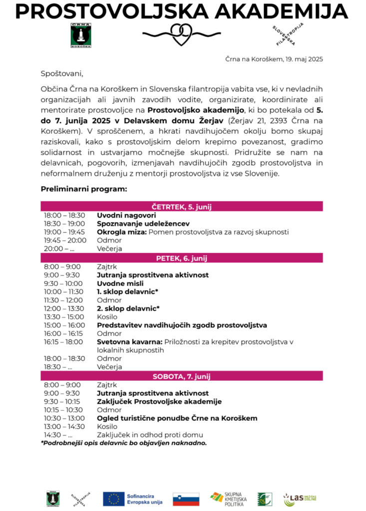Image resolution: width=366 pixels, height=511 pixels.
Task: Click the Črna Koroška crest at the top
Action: coord(77,35)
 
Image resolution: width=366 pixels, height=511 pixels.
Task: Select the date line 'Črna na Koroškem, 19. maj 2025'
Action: coord(274,59)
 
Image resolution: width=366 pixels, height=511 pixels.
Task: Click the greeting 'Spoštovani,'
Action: coord(61,74)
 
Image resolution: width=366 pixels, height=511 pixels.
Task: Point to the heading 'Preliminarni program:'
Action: coord(84,189)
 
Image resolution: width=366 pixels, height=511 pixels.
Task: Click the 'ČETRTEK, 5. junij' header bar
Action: coord(182,206)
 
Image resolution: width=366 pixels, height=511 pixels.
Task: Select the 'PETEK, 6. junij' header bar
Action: coord(182,258)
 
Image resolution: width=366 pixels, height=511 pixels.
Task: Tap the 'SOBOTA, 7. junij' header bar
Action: coord(182,376)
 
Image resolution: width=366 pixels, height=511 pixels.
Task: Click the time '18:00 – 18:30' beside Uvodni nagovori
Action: coord(64,215)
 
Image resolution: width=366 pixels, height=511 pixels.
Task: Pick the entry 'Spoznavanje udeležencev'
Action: coord(143,224)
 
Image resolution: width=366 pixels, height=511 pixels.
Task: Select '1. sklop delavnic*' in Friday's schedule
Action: coord(128,291)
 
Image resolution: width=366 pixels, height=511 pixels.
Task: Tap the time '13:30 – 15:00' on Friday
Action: coord(64,317)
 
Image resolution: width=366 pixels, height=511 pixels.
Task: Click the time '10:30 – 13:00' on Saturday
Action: coord(64,418)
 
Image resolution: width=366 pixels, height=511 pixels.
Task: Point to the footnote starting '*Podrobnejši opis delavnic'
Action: coord(124,443)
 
